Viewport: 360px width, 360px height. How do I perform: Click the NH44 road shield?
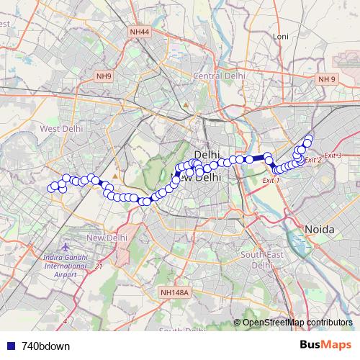(140, 32)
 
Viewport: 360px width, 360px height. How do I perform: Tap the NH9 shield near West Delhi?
(104, 76)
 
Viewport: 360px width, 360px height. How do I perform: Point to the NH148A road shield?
(174, 292)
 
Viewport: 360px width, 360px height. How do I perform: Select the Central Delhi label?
(219, 76)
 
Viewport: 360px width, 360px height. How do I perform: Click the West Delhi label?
(61, 128)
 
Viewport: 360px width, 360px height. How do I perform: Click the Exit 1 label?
(271, 180)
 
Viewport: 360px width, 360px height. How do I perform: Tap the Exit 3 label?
(333, 156)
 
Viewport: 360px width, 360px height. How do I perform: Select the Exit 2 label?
(313, 160)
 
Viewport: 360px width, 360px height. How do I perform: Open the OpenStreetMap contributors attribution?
(297, 323)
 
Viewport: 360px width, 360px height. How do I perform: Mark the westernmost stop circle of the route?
(51, 189)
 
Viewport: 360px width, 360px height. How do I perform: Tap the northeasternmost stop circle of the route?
(310, 138)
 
